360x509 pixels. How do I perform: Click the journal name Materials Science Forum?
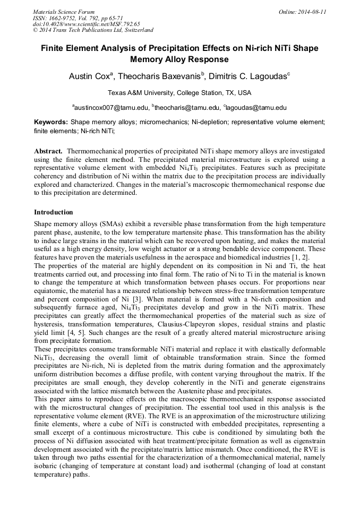(x=64, y=12)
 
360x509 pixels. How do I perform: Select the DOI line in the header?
(x=87, y=24)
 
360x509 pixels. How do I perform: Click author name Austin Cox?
(x=89, y=76)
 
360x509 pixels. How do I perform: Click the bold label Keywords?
(x=51, y=122)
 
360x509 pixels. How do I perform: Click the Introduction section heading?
(x=54, y=212)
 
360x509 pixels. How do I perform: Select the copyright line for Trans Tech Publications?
(x=93, y=30)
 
